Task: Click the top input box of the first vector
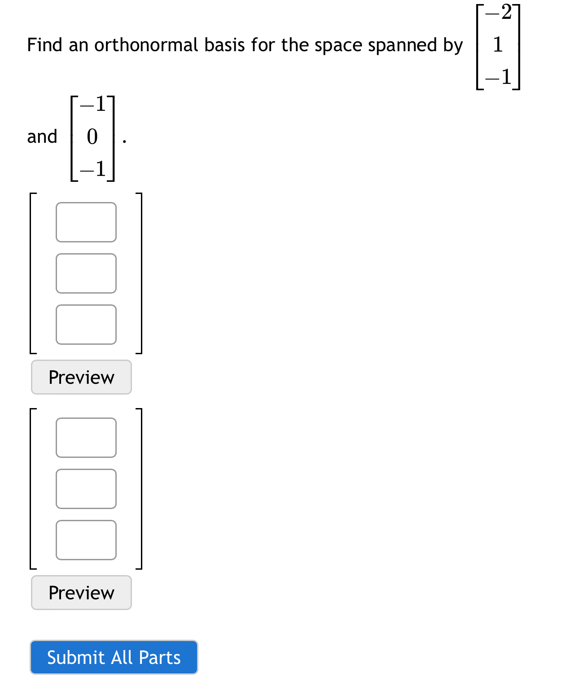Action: coord(86,222)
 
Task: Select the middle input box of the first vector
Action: coord(86,273)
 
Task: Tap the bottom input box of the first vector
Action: coord(86,325)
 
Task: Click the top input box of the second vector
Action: coord(86,438)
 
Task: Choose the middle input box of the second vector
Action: coord(86,489)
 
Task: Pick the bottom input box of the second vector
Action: coord(86,540)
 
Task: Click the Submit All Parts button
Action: coord(114,657)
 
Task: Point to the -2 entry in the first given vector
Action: coord(499,13)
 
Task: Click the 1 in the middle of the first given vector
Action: coord(498,44)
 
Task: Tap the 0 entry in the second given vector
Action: coord(92,136)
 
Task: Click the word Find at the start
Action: coord(44,45)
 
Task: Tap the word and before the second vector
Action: coord(42,136)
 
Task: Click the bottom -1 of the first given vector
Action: coord(499,77)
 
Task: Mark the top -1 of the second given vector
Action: coord(93,104)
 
